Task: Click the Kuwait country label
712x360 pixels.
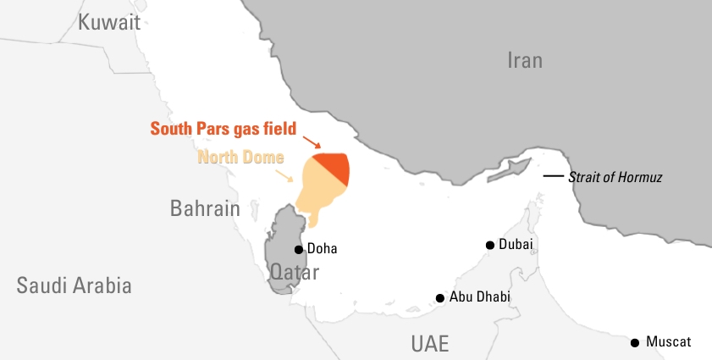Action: pyautogui.click(x=109, y=23)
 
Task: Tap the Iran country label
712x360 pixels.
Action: pyautogui.click(x=525, y=60)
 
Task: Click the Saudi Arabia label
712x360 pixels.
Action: pyautogui.click(x=75, y=285)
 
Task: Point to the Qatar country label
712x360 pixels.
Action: pyautogui.click(x=294, y=273)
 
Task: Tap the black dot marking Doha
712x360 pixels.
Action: pyautogui.click(x=298, y=249)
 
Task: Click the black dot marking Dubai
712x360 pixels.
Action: pyautogui.click(x=489, y=245)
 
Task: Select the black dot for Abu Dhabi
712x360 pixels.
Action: pyautogui.click(x=440, y=298)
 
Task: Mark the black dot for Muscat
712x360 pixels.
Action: pyautogui.click(x=635, y=342)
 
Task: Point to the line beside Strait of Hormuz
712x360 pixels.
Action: pyautogui.click(x=553, y=176)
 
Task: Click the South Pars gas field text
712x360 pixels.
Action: pyautogui.click(x=223, y=129)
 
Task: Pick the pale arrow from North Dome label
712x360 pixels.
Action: pyautogui.click(x=288, y=174)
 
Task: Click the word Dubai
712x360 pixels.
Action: pyautogui.click(x=516, y=244)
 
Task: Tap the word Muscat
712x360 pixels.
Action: pyautogui.click(x=668, y=342)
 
